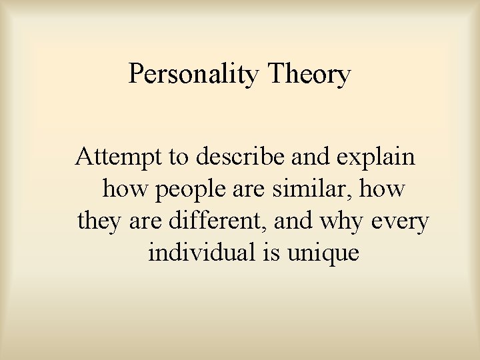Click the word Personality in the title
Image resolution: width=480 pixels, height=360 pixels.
click(x=194, y=74)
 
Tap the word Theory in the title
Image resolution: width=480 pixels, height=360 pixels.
click(x=308, y=74)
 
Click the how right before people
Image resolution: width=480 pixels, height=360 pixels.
click(x=125, y=189)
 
